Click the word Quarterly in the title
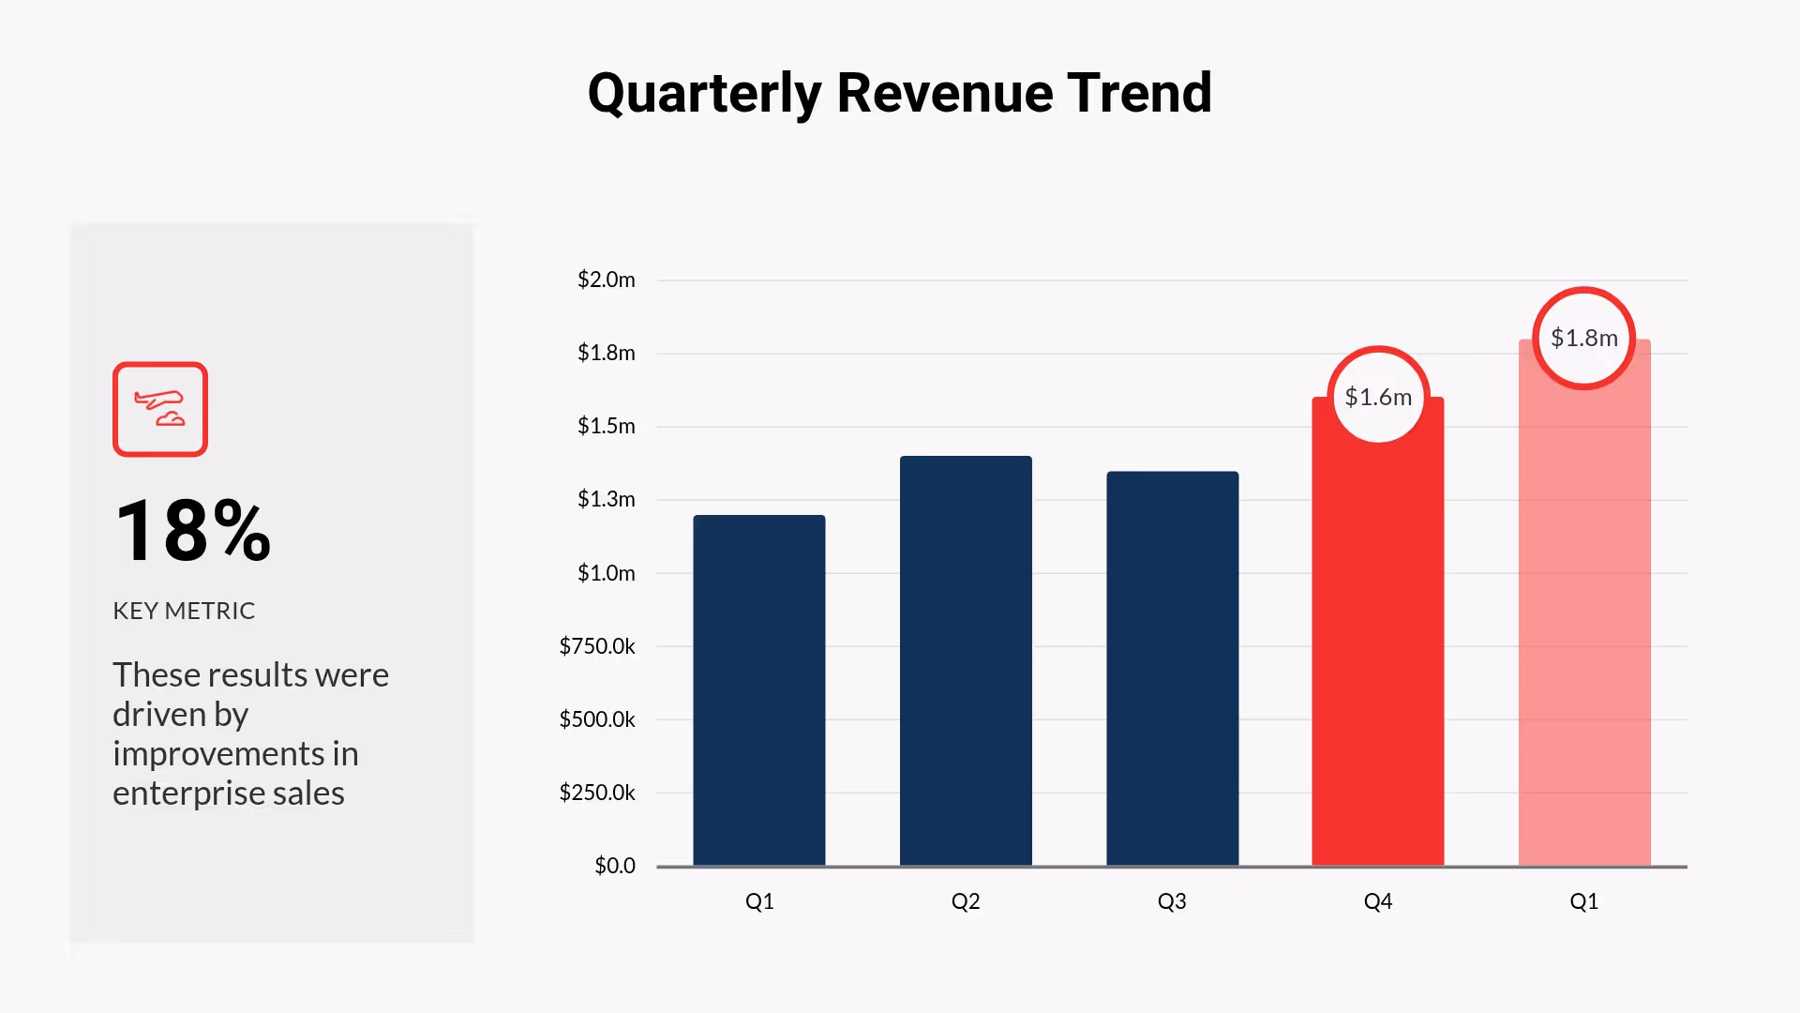(704, 94)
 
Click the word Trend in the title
(1139, 94)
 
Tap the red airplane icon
(160, 409)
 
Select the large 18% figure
(193, 531)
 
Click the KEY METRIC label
(184, 611)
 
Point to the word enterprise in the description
(188, 794)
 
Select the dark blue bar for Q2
(966, 661)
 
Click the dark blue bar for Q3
(1172, 668)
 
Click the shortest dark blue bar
(759, 689)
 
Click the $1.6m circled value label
(1378, 397)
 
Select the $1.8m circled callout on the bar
(1584, 338)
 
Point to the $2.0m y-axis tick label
(607, 280)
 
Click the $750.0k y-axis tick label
(597, 646)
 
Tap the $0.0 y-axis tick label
(615, 866)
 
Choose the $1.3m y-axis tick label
(607, 499)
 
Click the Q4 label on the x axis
(1377, 901)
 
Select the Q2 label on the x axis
(966, 901)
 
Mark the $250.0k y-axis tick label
(597, 793)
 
